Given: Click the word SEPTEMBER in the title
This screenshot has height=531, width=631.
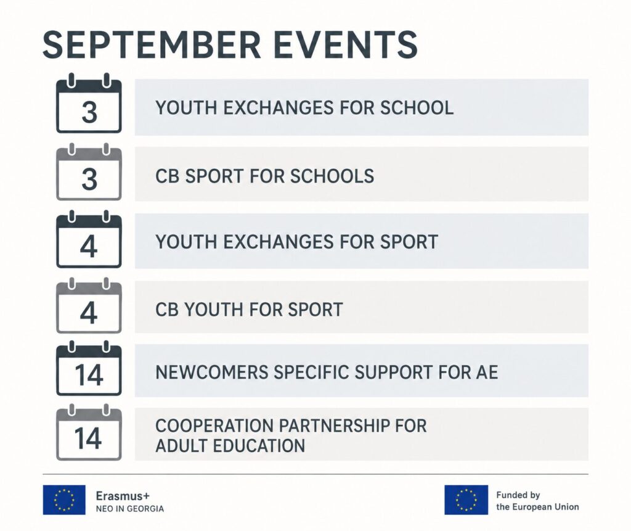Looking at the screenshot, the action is coord(152,45).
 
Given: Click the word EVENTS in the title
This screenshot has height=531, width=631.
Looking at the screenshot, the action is coord(345,45).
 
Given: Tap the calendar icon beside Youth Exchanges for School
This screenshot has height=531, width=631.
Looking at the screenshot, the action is coord(89,103).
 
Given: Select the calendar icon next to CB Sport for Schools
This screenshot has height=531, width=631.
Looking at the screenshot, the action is coord(89,172).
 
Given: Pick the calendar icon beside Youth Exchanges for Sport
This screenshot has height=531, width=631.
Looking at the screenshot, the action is coord(89,239).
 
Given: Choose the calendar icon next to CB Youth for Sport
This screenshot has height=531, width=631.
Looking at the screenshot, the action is coord(89,306).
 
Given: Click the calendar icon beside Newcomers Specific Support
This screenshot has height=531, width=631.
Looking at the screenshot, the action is coord(89,368).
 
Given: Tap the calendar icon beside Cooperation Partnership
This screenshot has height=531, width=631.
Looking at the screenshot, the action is coord(89,432).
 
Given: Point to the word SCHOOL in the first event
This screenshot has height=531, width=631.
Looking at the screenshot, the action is coord(417,107).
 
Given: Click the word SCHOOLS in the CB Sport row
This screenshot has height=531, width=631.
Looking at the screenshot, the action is coord(332,176).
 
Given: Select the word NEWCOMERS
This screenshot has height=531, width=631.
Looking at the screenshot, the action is coord(212,373).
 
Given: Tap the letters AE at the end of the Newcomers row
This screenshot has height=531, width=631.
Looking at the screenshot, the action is coord(487,373).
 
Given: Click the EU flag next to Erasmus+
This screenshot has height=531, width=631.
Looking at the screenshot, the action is coord(64,500).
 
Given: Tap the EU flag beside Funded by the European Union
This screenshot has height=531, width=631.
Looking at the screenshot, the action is coord(466,500).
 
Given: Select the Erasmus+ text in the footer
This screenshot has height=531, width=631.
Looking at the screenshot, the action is coord(123,496).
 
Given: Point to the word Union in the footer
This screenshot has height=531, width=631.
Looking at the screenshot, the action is coord(567,507).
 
